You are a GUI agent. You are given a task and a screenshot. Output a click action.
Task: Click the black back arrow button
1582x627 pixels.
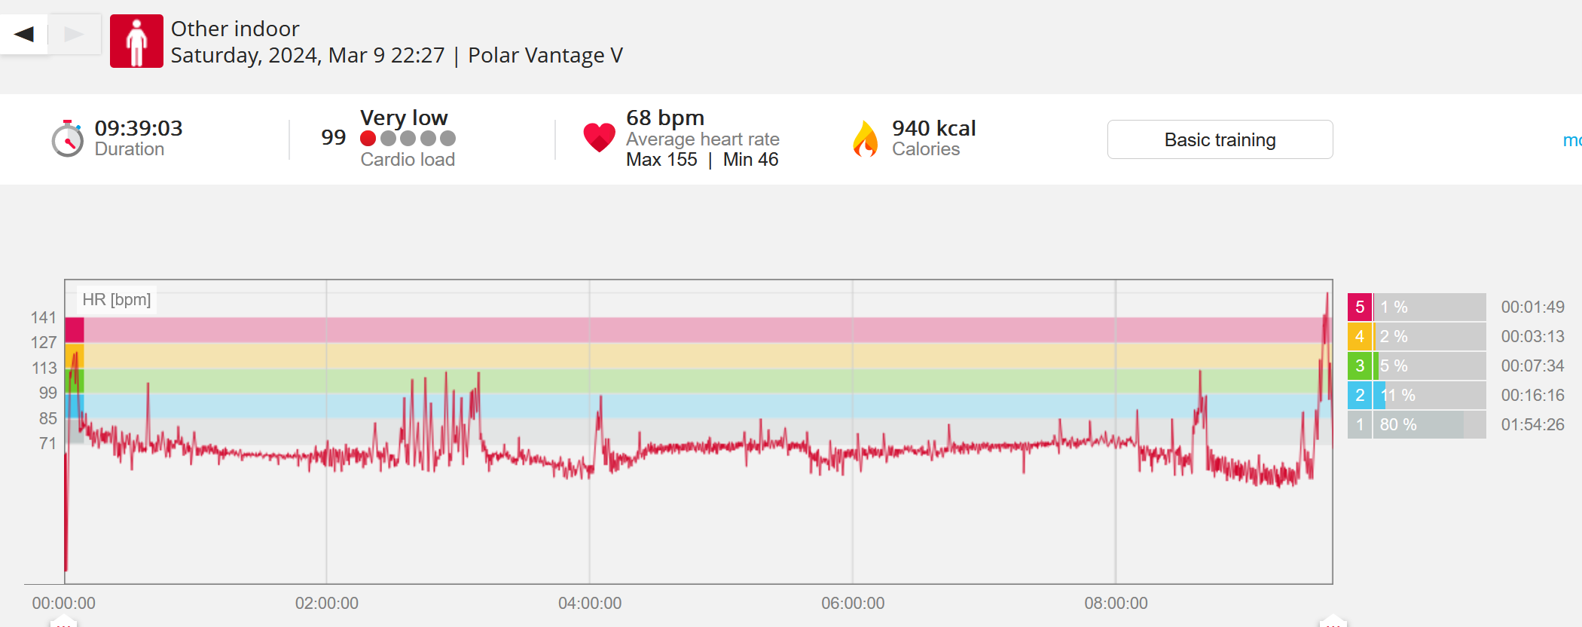pos(24,34)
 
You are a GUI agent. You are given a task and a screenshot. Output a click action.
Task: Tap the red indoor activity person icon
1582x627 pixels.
pos(136,41)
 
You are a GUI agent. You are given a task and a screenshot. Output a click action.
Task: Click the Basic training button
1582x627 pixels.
pos(1220,139)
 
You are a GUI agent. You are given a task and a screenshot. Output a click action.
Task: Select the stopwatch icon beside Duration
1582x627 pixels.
pos(67,139)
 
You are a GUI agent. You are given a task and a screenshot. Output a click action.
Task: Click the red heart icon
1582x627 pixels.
pos(599,137)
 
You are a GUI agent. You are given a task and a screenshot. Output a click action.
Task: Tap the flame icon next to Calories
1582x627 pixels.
pos(866,139)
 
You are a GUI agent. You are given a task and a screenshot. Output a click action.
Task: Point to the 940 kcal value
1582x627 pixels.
pos(933,128)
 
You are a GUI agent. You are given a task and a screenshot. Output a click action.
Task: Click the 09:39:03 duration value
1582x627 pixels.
pos(139,128)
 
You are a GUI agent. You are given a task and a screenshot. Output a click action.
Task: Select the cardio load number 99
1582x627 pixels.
pos(333,137)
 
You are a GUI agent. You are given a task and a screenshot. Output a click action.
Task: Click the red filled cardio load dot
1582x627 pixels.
pos(368,139)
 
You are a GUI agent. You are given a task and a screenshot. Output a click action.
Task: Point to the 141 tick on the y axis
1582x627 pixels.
pos(44,317)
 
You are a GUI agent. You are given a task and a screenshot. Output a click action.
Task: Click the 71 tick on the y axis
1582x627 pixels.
pos(47,443)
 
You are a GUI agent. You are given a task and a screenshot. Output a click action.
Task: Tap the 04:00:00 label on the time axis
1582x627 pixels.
pos(590,603)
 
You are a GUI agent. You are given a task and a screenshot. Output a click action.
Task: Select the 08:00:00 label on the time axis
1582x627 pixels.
pos(1116,603)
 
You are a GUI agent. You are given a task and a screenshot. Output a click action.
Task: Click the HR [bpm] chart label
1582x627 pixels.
pos(117,300)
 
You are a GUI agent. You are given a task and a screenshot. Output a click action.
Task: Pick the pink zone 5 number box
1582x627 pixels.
pos(1360,307)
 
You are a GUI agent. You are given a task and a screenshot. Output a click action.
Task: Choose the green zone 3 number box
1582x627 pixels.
pos(1360,365)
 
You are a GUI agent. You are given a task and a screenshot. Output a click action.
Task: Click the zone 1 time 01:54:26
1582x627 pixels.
pos(1532,424)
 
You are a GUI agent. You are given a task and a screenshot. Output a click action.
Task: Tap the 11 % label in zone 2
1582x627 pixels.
pos(1397,395)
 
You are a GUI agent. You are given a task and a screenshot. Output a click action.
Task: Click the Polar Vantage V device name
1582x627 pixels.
pos(545,55)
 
